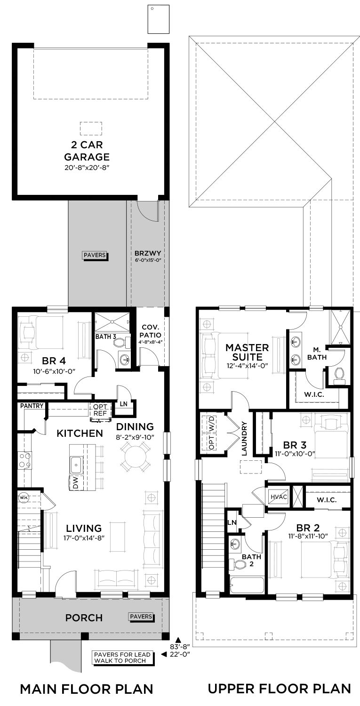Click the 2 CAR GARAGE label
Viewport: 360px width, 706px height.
click(87, 151)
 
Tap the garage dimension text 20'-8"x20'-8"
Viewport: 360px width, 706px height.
click(87, 168)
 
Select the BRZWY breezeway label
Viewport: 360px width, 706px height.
click(148, 253)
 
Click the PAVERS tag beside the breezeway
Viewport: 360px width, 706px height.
click(95, 255)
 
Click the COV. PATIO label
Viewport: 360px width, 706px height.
click(151, 331)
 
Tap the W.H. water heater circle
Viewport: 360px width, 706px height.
click(24, 498)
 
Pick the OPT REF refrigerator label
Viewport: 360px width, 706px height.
click(100, 410)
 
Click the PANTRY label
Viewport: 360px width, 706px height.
click(32, 406)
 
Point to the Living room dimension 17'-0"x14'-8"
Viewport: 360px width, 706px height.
click(84, 538)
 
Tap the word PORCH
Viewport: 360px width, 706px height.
click(84, 618)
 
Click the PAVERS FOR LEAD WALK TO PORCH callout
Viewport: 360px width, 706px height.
click(122, 658)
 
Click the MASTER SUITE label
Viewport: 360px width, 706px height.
click(247, 353)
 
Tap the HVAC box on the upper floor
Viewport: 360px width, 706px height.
click(279, 497)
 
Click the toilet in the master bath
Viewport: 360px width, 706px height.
click(339, 376)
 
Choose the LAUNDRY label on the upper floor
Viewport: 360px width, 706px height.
click(244, 439)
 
